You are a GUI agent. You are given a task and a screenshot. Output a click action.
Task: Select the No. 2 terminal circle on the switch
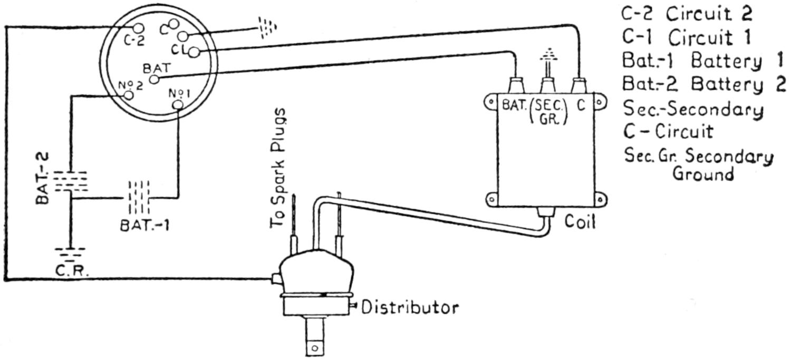[x=127, y=95]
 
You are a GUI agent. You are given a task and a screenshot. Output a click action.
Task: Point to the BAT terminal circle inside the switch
[x=153, y=79]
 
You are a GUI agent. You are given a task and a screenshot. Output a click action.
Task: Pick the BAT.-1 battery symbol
[x=138, y=198]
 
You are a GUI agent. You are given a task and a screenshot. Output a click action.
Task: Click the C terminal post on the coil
[x=580, y=84]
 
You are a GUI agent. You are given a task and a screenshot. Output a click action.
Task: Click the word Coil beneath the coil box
[x=580, y=221]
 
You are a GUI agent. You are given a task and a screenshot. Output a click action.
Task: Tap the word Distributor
[x=410, y=307]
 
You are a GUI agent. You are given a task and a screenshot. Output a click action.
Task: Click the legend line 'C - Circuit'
[x=668, y=130]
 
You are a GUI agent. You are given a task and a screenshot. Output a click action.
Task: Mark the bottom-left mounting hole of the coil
[x=491, y=200]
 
